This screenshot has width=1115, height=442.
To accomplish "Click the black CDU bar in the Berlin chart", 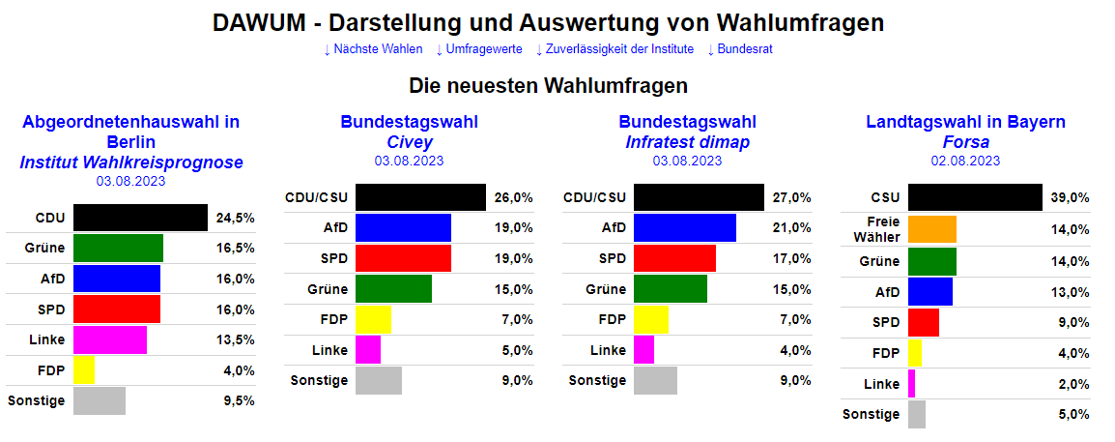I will [140, 218].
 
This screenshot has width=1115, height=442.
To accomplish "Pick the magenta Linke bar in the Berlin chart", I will [110, 340].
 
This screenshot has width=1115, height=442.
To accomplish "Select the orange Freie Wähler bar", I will [932, 229].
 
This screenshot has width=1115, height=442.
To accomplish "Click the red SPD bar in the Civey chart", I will [403, 259].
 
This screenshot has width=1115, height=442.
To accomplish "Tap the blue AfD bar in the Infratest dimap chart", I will [685, 228].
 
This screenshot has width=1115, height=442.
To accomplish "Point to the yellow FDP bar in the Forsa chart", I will [915, 354].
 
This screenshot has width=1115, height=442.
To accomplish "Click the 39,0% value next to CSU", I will [1070, 198].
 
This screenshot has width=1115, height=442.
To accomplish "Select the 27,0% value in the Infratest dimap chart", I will [791, 198].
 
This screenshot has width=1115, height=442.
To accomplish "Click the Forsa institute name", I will [965, 142].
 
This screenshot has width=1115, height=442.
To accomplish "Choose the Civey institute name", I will [409, 142].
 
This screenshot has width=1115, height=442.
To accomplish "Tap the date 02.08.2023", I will [965, 161].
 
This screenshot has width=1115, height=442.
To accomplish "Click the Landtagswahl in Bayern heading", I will [965, 122].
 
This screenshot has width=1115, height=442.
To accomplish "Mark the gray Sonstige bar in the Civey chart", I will [379, 380].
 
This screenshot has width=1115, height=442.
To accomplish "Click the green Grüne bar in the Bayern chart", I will [932, 261].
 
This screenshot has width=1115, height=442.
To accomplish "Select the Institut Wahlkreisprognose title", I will [131, 162].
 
